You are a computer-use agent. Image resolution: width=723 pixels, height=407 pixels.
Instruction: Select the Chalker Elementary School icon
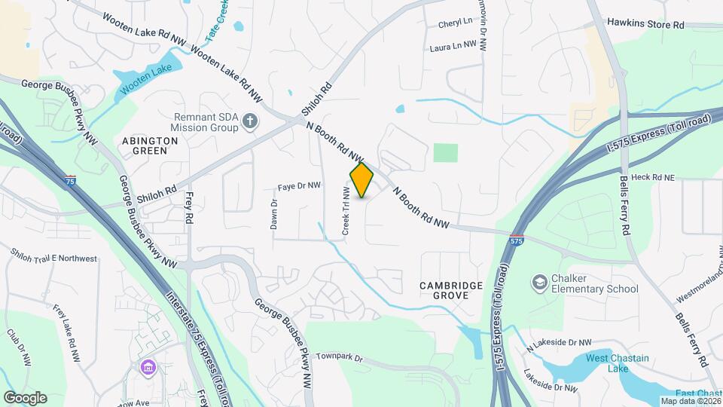(539, 283)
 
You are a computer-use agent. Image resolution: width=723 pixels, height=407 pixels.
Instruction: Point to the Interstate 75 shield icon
(70, 180)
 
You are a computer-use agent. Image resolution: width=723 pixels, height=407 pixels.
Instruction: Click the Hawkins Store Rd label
(645, 25)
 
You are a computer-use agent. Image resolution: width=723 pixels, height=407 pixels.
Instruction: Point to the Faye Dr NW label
(299, 185)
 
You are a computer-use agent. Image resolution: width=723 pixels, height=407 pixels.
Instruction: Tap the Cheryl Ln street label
(455, 24)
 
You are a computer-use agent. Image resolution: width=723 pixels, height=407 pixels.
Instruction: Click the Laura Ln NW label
(453, 46)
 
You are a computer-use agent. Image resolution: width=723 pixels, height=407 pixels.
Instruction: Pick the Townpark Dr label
(339, 356)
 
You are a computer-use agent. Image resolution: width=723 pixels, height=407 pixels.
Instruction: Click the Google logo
(25, 397)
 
